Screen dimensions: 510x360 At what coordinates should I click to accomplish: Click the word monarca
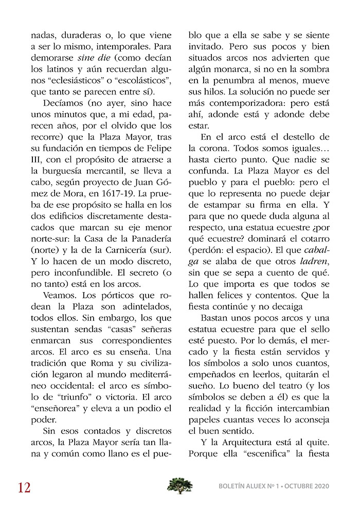(x=234, y=70)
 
